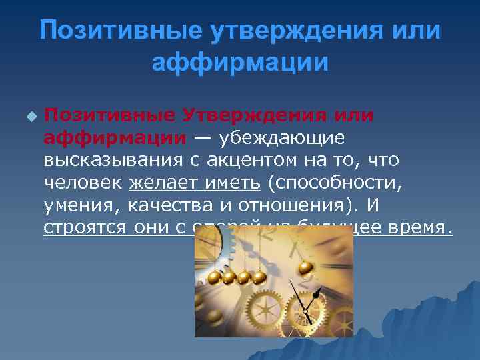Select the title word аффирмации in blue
240,63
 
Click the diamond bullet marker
29,116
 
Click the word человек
83,183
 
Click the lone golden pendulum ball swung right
305,267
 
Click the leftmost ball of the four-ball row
215,277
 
